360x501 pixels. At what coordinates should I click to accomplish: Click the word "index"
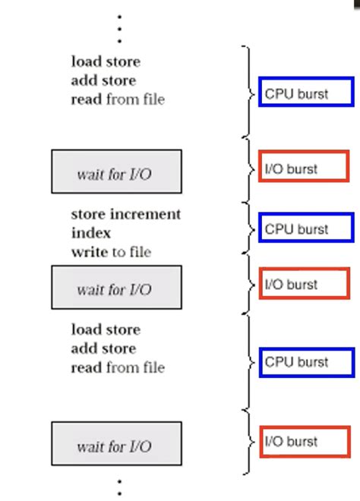[x=91, y=233]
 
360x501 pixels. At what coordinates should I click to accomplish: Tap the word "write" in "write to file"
[x=90, y=252]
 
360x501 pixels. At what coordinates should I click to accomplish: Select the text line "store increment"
[x=126, y=214]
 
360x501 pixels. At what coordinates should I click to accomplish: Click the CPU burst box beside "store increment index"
[x=306, y=228]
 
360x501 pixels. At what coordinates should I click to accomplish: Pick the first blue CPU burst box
[x=305, y=93]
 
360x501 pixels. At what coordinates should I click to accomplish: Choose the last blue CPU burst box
[x=306, y=362]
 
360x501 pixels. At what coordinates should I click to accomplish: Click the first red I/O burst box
[x=303, y=168]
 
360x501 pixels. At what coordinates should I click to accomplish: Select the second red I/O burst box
[x=303, y=284]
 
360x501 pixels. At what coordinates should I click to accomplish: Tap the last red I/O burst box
[x=303, y=441]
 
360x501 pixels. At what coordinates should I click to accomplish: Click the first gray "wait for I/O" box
[x=116, y=172]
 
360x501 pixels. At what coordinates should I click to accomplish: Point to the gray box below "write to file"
[x=116, y=288]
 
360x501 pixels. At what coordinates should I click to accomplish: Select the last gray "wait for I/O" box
[x=116, y=444]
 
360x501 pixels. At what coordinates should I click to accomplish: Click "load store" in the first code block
[x=106, y=61]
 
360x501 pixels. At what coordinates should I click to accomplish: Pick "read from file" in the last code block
[x=118, y=367]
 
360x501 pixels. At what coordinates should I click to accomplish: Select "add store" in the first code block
[x=103, y=80]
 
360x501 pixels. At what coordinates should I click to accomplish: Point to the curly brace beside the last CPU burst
[x=246, y=362]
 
